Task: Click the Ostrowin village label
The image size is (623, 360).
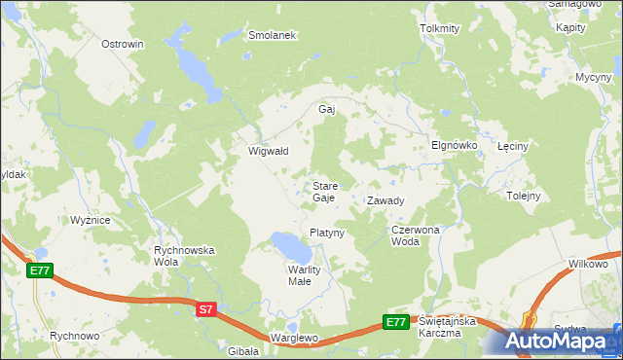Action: click(123, 44)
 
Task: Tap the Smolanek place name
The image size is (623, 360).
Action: click(272, 34)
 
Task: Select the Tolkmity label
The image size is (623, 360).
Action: click(439, 28)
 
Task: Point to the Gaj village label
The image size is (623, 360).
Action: click(327, 109)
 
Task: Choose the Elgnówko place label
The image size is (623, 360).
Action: click(454, 145)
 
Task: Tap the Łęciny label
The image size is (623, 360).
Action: click(512, 146)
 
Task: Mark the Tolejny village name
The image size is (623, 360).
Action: click(523, 196)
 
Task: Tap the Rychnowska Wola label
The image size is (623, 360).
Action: click(184, 256)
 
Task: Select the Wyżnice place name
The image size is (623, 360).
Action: click(90, 220)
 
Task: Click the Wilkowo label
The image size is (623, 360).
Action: click(588, 264)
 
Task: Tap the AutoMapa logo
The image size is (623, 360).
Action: click(560, 341)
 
